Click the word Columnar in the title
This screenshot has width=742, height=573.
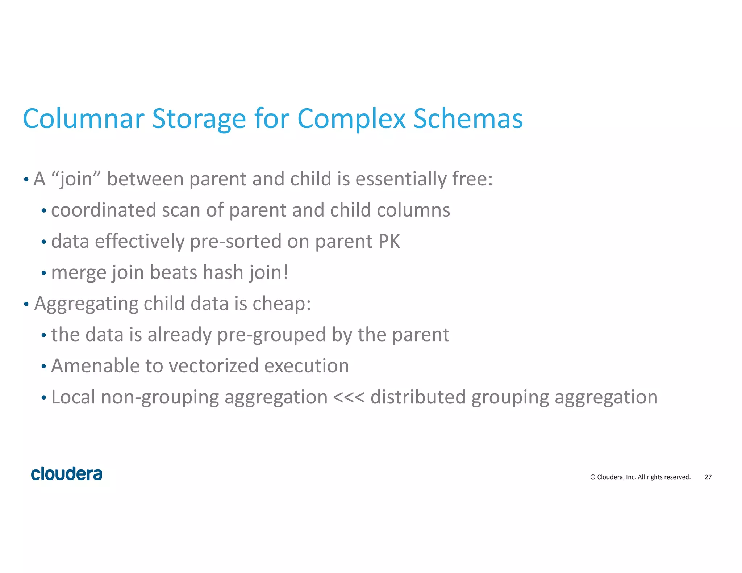[x=84, y=119]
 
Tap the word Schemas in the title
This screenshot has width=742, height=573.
[x=468, y=119]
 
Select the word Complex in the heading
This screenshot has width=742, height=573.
[x=351, y=119]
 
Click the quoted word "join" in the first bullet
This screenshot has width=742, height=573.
[x=76, y=179]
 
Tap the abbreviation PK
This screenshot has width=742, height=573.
[x=389, y=241]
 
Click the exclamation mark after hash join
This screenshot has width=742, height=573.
[x=286, y=272]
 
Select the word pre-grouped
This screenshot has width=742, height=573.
[x=271, y=335]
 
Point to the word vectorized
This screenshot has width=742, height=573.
[x=213, y=366]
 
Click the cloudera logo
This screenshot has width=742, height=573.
[x=67, y=474]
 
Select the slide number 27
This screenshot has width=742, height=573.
[x=708, y=477]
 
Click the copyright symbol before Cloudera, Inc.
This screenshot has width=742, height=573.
[x=593, y=477]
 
